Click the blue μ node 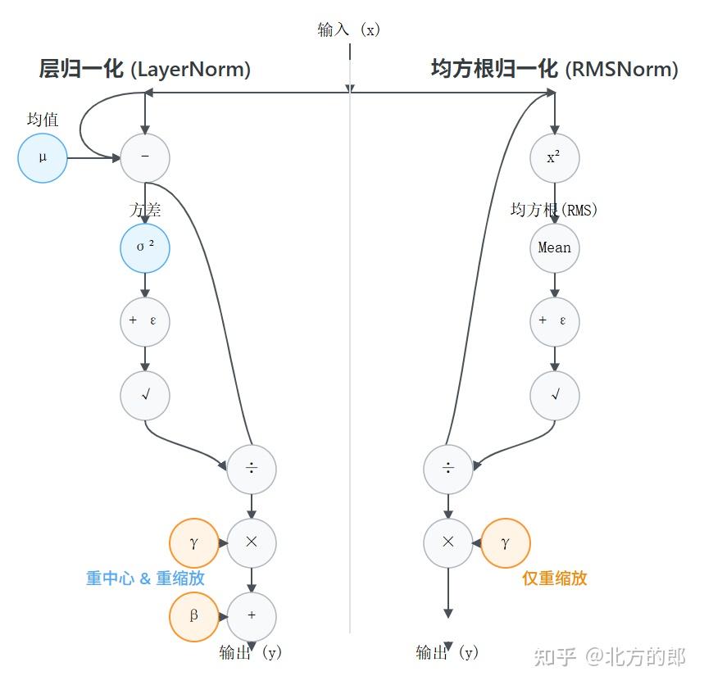(43, 157)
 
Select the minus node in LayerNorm (145, 157)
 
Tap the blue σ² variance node (145, 247)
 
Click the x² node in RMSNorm (555, 157)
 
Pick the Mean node (555, 247)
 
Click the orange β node (194, 616)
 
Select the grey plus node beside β (252, 616)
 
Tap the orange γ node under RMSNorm (506, 542)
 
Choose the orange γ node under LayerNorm (194, 542)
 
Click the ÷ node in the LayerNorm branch (252, 469)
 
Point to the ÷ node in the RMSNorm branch (448, 469)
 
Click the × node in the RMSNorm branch (448, 542)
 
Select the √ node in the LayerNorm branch (145, 395)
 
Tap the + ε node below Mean (555, 321)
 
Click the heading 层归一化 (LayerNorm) (145, 70)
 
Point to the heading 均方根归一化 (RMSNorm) (555, 70)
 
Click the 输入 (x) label (349, 30)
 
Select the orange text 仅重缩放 (555, 578)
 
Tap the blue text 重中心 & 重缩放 (145, 578)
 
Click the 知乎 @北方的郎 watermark (609, 656)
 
